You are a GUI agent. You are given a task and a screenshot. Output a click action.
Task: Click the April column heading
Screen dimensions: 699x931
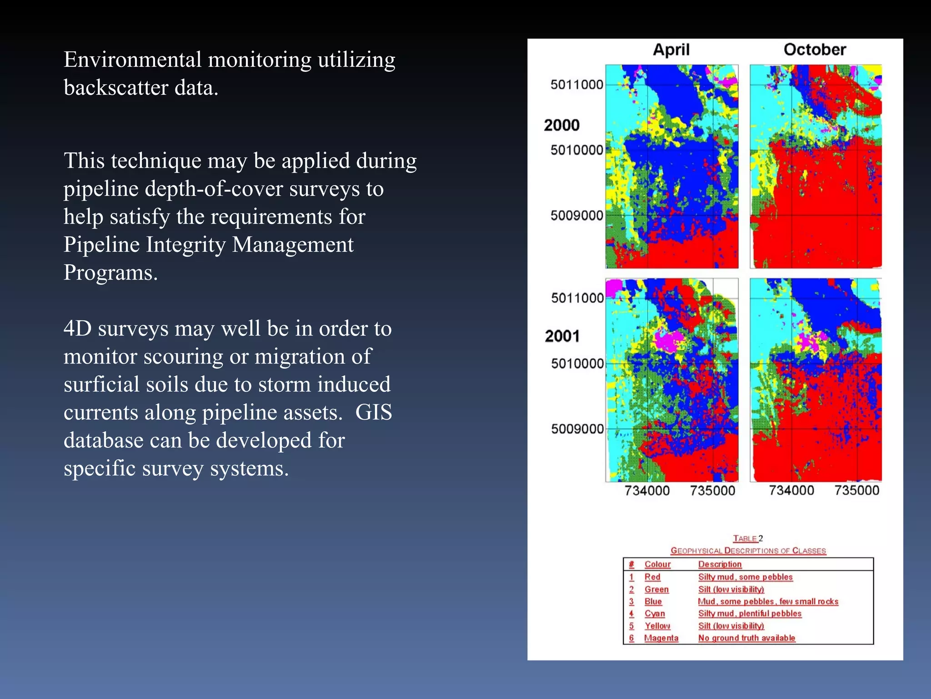coord(671,50)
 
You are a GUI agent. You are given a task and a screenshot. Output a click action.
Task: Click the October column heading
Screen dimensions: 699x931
coord(815,50)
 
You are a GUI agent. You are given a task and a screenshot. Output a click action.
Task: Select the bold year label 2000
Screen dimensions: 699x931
coord(562,125)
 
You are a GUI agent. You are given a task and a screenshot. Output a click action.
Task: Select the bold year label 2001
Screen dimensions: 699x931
coord(562,336)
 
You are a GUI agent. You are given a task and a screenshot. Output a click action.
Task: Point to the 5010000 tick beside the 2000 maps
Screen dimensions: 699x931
coord(576,150)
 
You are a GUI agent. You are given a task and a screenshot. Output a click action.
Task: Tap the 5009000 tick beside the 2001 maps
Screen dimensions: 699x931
coord(577,429)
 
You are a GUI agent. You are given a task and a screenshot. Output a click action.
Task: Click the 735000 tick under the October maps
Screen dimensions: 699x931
coord(856,490)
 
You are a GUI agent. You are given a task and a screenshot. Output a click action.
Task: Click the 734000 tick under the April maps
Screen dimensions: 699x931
coord(647,491)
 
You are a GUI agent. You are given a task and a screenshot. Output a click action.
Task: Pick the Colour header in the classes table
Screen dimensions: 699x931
coord(657,564)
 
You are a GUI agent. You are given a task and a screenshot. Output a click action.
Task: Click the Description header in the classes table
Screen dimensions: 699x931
coord(720,564)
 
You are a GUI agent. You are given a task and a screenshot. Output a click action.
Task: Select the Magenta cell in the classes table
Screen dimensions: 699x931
coord(661,638)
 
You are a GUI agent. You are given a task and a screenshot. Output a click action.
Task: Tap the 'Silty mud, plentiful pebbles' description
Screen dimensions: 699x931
coord(750,613)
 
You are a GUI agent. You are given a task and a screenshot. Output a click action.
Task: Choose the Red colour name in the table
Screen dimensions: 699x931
coord(652,577)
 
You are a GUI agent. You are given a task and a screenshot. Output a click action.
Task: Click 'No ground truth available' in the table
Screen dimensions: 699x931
coord(746,638)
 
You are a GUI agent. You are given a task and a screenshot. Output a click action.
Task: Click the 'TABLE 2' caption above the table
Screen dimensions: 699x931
coord(748,538)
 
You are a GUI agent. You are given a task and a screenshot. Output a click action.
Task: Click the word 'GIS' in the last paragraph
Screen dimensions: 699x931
coord(373,412)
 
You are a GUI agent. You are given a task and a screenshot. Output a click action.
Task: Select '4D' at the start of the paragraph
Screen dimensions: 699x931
coord(77,329)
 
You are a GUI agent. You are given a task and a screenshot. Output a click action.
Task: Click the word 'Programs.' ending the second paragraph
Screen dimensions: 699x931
coord(110,273)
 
